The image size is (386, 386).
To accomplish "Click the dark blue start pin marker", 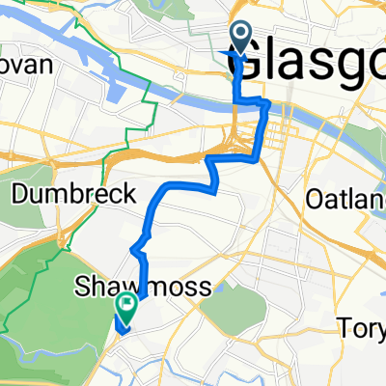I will pyautogui.click(x=238, y=41).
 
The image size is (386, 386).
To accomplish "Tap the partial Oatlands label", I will pyautogui.click(x=344, y=200).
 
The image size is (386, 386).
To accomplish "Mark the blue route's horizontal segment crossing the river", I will pyautogui.click(x=253, y=100).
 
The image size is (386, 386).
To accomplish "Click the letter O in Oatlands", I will pyautogui.click(x=314, y=200).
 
